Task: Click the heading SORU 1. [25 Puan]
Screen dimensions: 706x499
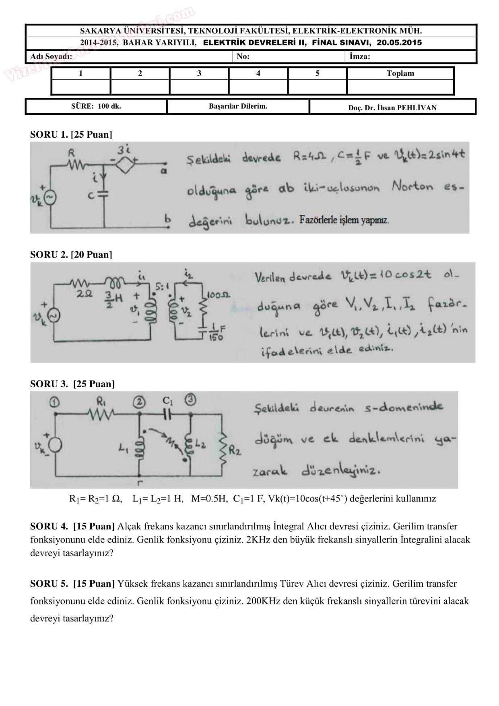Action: click(71, 134)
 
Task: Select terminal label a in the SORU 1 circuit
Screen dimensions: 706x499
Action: click(164, 171)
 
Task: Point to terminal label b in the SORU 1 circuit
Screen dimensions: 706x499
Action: click(167, 219)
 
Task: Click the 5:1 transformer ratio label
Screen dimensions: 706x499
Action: click(162, 287)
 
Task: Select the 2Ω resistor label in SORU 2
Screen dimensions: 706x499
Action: click(85, 294)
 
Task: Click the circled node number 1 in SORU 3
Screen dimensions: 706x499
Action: click(55, 402)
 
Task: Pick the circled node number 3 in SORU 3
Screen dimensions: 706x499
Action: click(190, 400)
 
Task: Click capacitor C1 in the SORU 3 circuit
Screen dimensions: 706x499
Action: click(167, 413)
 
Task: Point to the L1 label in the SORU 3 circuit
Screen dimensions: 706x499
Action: click(124, 448)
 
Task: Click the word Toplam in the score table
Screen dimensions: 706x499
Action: click(400, 73)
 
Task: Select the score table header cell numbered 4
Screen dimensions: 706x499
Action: click(258, 73)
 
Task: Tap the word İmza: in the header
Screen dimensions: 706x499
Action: click(360, 56)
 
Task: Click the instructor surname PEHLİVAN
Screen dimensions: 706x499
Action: click(417, 107)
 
